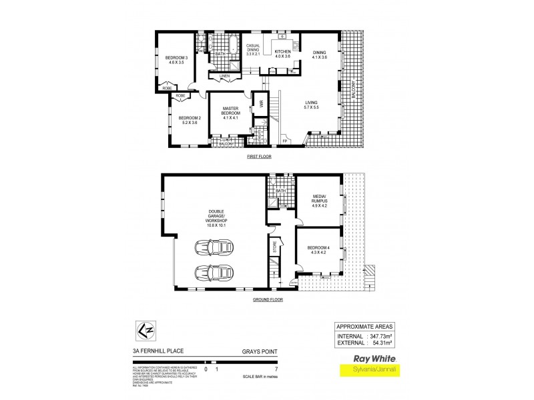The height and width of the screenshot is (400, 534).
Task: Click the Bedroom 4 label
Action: tap(318, 250)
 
